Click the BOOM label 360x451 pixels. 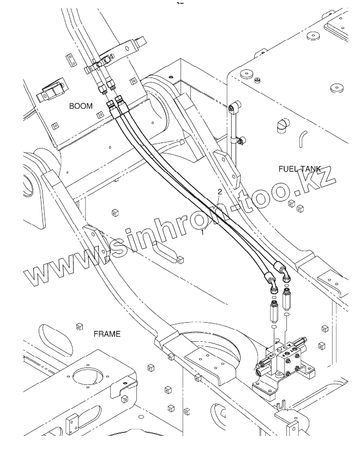pyautogui.click(x=81, y=106)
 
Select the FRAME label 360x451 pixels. pyautogui.click(x=107, y=333)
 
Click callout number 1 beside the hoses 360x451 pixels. pyautogui.click(x=203, y=232)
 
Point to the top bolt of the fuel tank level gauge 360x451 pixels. pyautogui.click(x=233, y=107)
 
